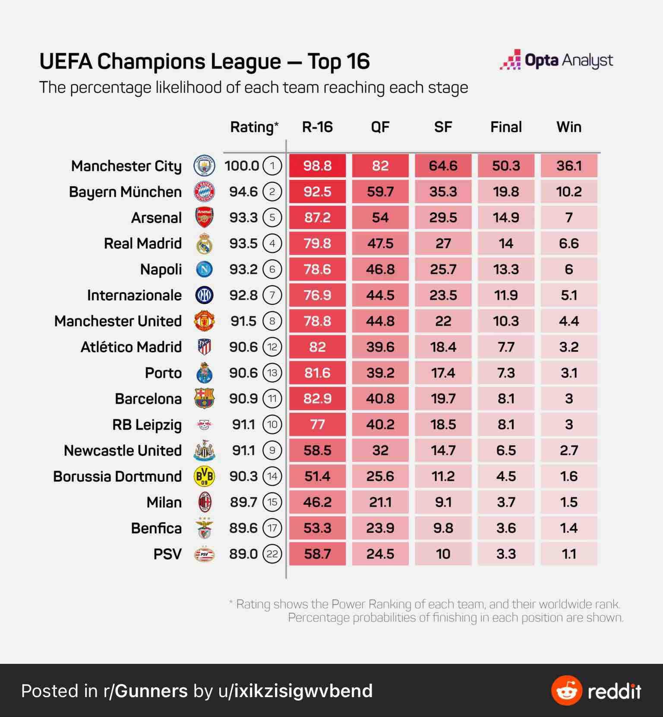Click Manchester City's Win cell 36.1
tap(568, 166)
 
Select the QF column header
tap(380, 127)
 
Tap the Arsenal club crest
tap(204, 217)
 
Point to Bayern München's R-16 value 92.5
tap(317, 191)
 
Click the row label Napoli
tap(161, 269)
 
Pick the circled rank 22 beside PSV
tap(272, 554)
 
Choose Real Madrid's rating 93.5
tap(243, 243)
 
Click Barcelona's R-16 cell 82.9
tap(317, 398)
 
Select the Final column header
tap(506, 127)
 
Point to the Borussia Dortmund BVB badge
tap(204, 476)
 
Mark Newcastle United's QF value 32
tap(380, 450)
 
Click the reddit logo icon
tap(567, 690)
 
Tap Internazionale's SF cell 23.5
tap(443, 295)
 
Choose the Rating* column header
tap(254, 127)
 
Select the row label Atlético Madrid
tap(131, 347)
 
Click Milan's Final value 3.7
tap(506, 502)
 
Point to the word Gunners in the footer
tap(152, 691)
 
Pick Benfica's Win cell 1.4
tap(568, 528)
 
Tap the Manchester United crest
tap(204, 321)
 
